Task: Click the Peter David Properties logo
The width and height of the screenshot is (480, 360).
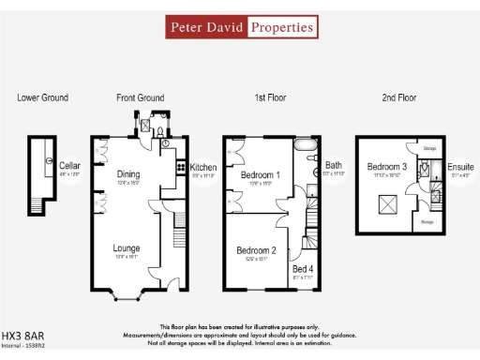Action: [241, 27]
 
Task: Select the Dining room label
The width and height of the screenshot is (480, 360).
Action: [128, 173]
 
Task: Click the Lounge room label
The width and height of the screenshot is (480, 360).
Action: [127, 248]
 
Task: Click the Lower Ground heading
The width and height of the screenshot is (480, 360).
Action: [42, 97]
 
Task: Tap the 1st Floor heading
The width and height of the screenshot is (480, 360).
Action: [273, 97]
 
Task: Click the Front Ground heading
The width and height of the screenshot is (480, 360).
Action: [140, 97]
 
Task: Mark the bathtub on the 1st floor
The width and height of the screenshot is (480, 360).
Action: [307, 147]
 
